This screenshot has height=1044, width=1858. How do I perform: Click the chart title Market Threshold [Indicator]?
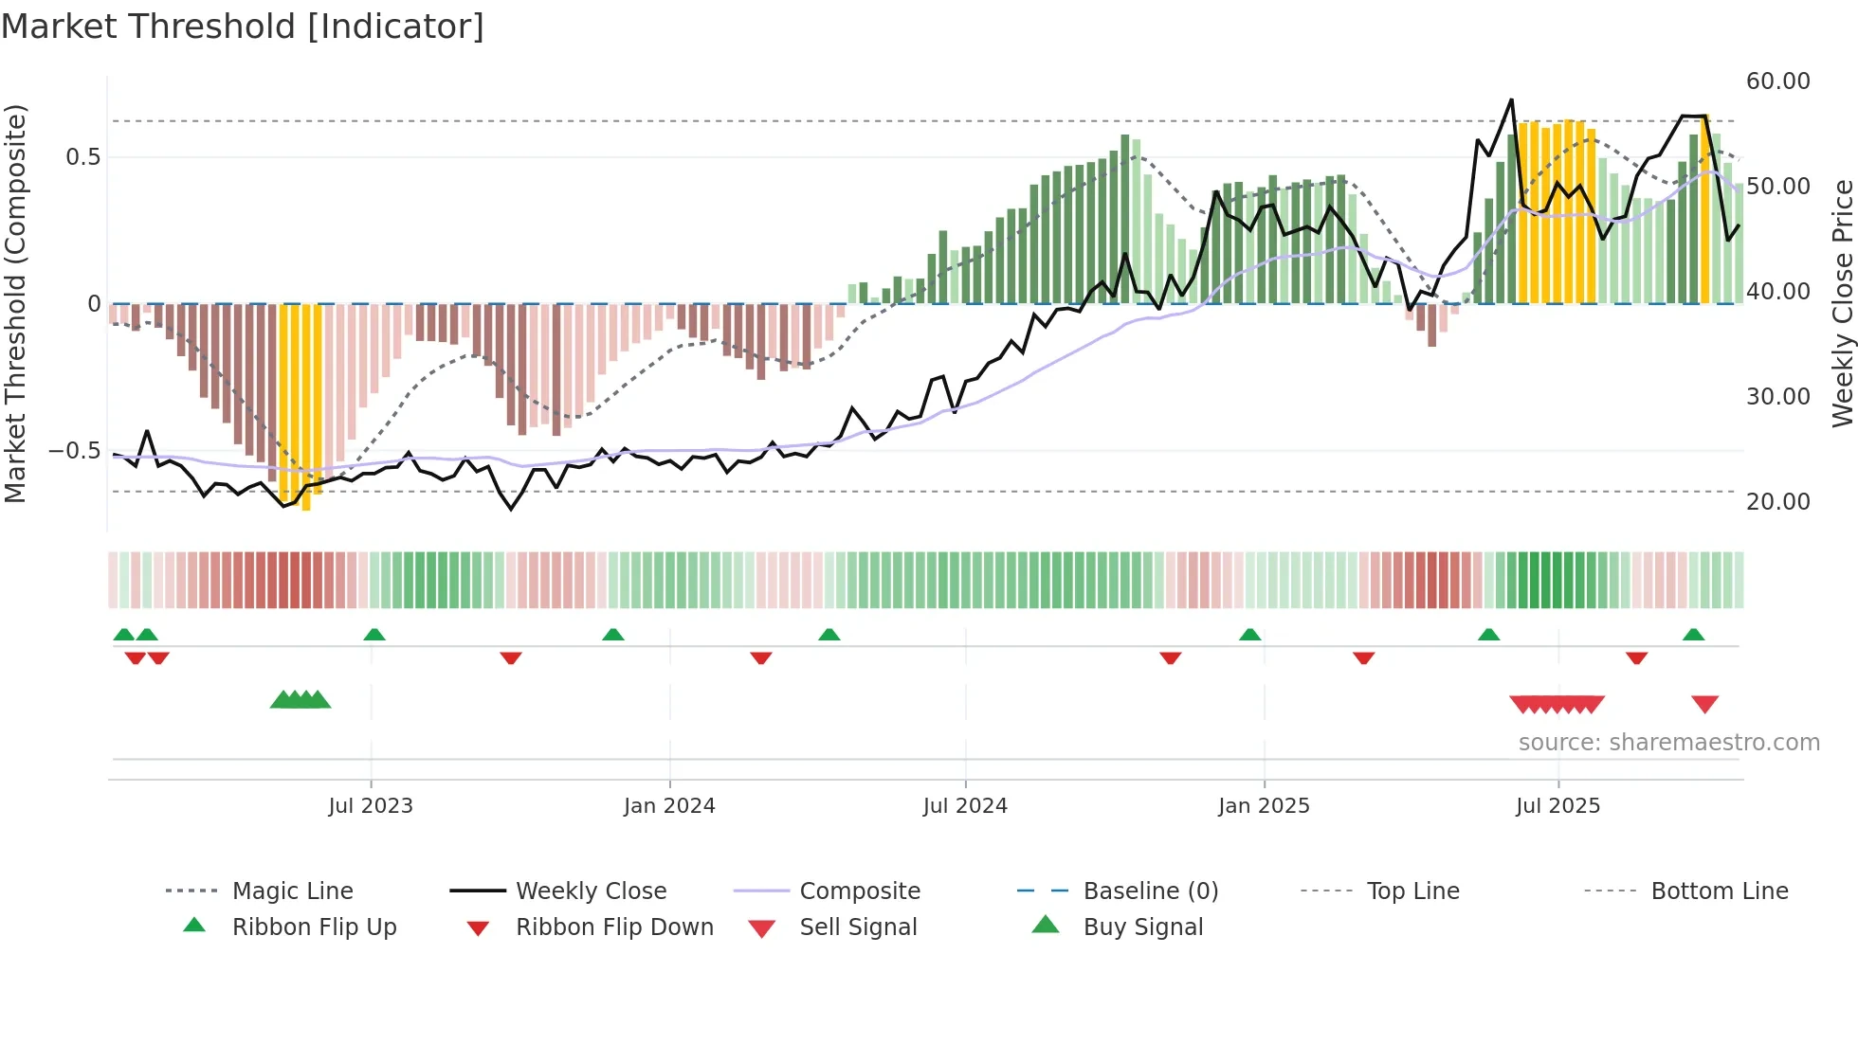[x=243, y=27]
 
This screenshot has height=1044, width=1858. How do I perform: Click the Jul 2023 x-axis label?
[x=371, y=806]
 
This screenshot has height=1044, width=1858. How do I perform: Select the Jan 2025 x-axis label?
[x=1264, y=806]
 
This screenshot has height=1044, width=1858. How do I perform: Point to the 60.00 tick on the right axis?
[x=1777, y=81]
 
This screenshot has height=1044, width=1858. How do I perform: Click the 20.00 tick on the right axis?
[x=1777, y=502]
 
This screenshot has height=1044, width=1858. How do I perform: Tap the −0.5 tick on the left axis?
[x=75, y=451]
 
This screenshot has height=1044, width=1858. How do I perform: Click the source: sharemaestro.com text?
[x=1668, y=743]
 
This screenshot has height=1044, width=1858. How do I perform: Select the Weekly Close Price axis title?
[x=1842, y=303]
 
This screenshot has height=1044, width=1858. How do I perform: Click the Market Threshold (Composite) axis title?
[x=15, y=303]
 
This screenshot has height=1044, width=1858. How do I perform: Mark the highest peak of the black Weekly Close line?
[x=1511, y=99]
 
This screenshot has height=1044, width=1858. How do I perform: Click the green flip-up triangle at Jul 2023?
[x=374, y=635]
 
